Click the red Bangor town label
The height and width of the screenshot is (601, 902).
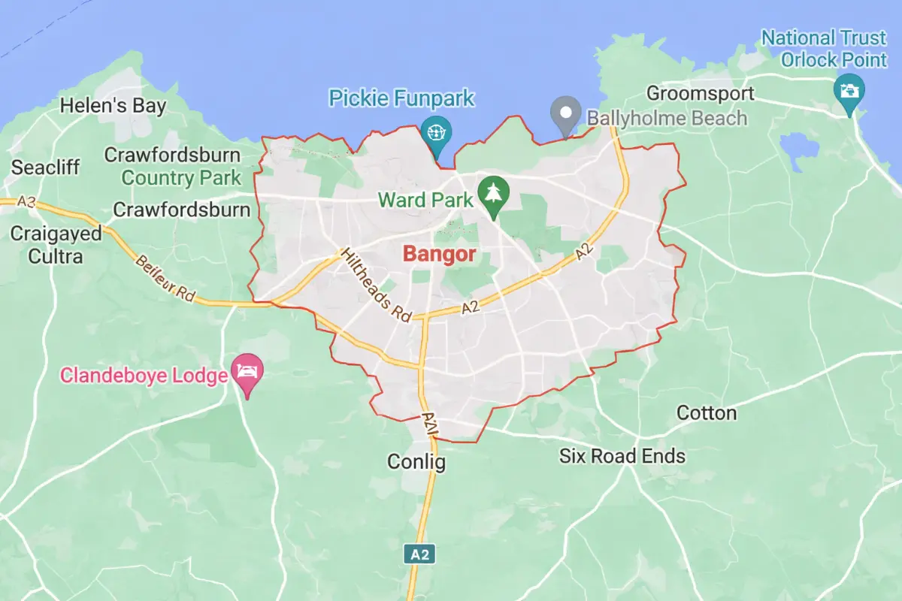pos(439,254)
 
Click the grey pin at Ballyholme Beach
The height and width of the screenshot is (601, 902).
pos(565,113)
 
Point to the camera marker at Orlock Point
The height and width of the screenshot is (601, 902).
pos(849,91)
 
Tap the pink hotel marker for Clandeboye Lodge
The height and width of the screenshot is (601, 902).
pos(247,371)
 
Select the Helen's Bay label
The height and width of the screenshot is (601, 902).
pos(113,106)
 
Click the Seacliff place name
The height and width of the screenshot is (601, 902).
pos(45,168)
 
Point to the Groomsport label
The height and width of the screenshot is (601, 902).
pos(700,94)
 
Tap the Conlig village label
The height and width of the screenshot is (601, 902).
pos(416,461)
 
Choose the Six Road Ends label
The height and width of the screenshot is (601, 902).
pos(622,456)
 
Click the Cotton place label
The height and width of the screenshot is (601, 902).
pos(707,413)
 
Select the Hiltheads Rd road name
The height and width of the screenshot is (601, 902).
pos(376,285)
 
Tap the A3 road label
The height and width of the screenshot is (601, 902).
pos(27,201)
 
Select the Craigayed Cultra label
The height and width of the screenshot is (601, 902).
pos(56,245)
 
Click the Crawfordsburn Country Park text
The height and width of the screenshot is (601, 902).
pos(181,178)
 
